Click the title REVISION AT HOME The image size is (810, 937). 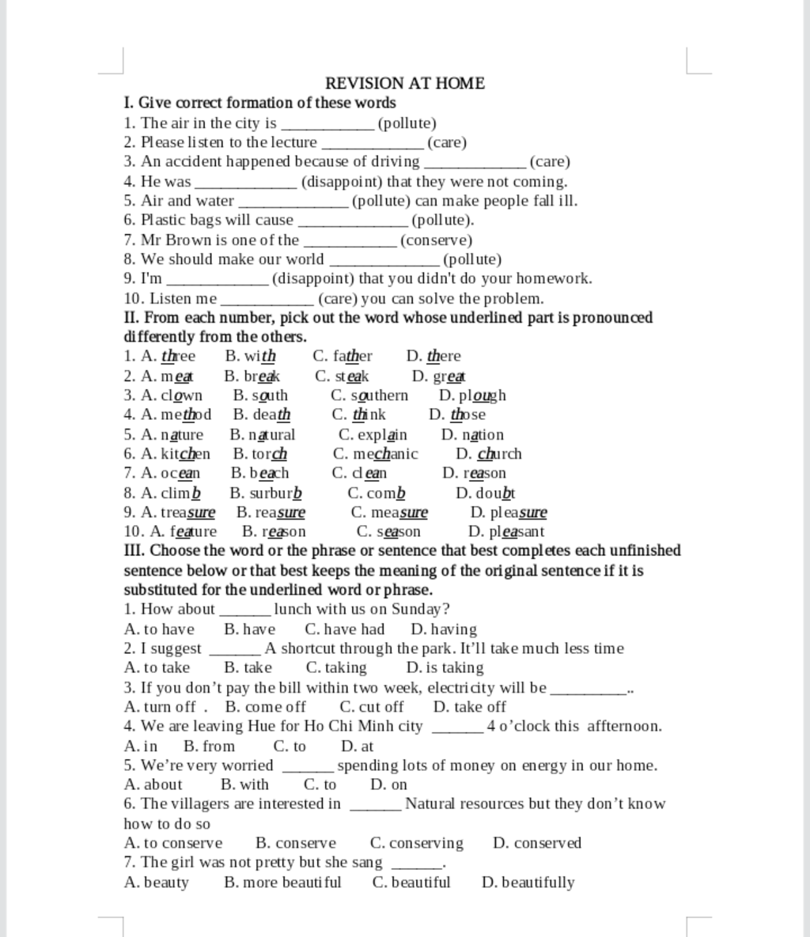coord(405,83)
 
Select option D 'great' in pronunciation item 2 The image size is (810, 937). coord(449,376)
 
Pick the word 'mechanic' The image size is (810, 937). coord(387,454)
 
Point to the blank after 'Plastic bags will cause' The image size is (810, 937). coord(354,221)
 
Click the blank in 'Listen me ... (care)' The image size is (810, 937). coord(267,299)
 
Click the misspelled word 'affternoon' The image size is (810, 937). coord(624,726)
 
